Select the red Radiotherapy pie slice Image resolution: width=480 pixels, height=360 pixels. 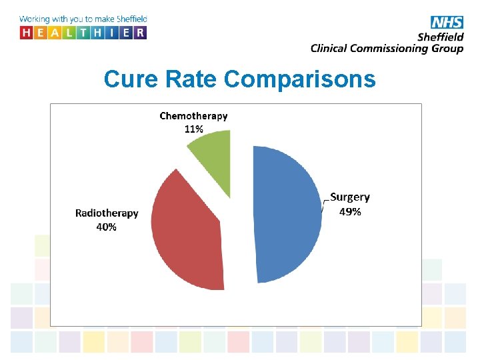pos(187,230)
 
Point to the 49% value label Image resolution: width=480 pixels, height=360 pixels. pos(351,211)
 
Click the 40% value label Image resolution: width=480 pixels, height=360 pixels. pos(107,227)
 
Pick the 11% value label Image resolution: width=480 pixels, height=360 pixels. pos(193,129)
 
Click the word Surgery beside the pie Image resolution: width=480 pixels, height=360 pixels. pos(350,197)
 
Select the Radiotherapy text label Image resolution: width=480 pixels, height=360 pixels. pos(107,213)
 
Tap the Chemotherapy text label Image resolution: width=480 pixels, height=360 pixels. pos(193,116)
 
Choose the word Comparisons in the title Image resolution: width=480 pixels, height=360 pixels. pos(300,79)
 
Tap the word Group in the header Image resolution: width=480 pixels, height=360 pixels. pos(447,49)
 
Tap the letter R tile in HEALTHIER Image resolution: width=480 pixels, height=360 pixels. pos(139,33)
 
